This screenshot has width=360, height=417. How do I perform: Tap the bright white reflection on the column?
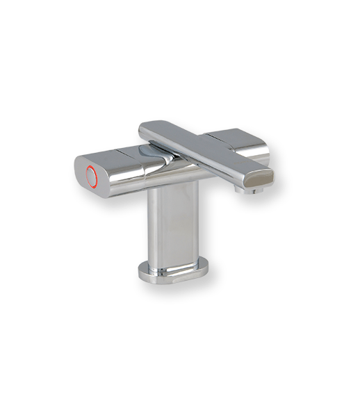coord(160,222)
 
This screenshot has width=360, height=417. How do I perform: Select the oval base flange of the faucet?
coord(174,272)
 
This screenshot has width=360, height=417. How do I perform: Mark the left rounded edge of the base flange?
coord(142,271)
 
